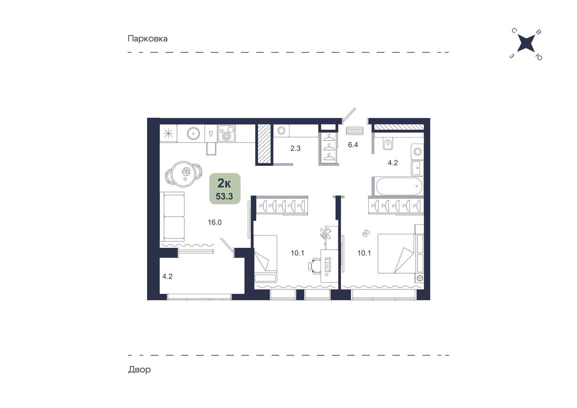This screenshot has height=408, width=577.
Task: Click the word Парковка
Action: coord(147,39)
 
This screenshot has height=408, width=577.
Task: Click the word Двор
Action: coord(139,370)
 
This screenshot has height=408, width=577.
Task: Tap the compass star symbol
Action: coord(526,44)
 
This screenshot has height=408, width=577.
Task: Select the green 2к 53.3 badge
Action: coord(225,188)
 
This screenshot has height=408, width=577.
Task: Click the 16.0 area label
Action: coord(214,222)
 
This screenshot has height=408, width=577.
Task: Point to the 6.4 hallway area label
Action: coord(353,145)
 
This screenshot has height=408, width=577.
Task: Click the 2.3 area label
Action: coord(295,148)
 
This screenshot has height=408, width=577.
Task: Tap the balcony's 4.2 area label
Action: coord(167,276)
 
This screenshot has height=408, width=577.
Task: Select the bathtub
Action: coord(399,186)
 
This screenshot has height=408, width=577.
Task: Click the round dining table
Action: coord(184,173)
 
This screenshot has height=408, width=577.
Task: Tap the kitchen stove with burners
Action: coord(226,133)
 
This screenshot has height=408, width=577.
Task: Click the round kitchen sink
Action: coord(193,134)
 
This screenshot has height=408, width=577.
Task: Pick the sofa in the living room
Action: coord(172,216)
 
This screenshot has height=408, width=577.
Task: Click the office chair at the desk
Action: coord(314,266)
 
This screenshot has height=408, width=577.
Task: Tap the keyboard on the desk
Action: coord(327,266)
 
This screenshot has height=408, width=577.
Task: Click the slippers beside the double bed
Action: coord(366,233)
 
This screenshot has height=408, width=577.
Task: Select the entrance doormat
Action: coord(355,130)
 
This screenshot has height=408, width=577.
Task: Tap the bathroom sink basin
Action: coord(417,168)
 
